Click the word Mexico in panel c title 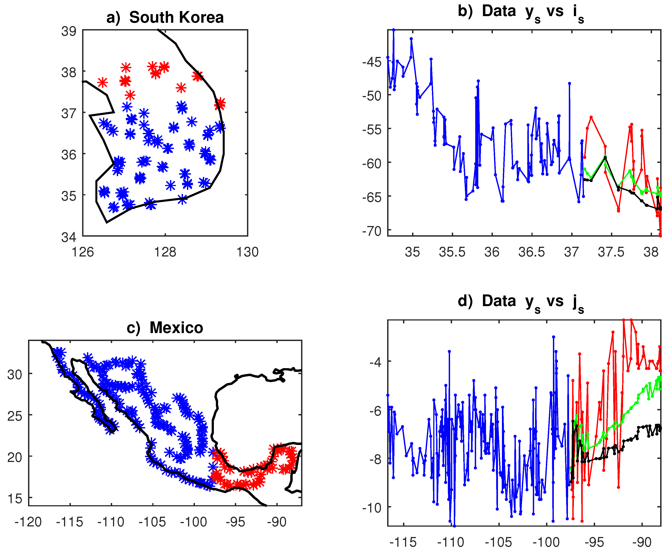[176, 328]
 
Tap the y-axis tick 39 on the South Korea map [69, 31]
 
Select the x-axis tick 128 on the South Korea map [165, 252]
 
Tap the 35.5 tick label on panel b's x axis [452, 252]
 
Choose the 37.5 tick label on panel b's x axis [611, 252]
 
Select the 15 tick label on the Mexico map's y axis [15, 498]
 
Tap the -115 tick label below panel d [403, 542]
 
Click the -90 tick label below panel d [642, 542]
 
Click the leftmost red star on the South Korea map [102, 82]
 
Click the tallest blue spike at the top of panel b [393, 30]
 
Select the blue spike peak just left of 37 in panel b [569, 83]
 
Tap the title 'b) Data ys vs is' [521, 12]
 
